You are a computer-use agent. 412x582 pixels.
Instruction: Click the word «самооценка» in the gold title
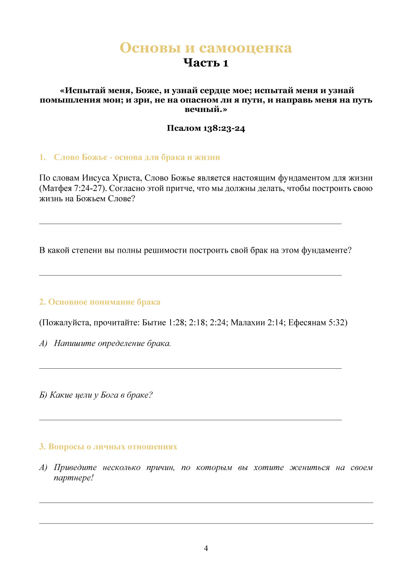[246, 48]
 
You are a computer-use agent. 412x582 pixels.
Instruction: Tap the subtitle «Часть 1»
[206, 63]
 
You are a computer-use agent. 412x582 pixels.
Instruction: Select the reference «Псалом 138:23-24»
[206, 128]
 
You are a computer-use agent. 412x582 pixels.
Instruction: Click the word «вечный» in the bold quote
[203, 109]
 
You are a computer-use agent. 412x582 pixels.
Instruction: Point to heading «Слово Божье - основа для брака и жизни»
[137, 157]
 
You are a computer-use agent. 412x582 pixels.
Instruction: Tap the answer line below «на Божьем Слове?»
[190, 223]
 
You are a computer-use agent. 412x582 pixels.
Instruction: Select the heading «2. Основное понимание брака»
[100, 302]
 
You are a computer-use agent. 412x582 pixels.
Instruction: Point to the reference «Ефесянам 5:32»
[317, 323]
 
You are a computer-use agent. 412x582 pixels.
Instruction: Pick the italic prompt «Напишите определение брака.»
[112, 343]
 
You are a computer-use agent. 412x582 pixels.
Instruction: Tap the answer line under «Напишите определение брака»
[190, 368]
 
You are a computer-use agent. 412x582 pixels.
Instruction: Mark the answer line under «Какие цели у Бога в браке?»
[190, 420]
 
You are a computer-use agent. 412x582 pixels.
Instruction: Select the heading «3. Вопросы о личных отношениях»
[108, 447]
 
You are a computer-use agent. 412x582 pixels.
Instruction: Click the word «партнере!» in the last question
[74, 478]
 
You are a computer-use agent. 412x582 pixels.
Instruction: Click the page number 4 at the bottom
[206, 548]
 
